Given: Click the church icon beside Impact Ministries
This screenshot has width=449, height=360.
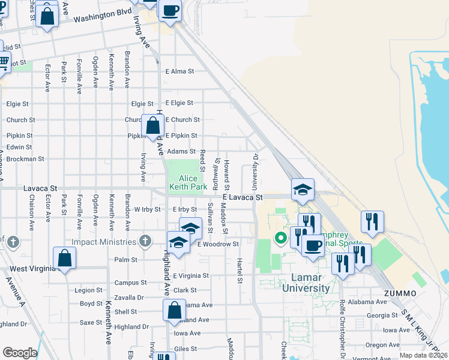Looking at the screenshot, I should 145,241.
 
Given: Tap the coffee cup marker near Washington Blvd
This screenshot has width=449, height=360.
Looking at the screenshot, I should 170,10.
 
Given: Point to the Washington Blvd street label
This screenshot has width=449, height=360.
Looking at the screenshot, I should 103,16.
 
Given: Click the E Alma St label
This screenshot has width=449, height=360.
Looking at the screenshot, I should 179,71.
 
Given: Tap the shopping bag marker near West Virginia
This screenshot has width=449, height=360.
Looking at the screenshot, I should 64,259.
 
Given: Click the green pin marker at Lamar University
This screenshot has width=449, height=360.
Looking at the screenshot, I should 280,238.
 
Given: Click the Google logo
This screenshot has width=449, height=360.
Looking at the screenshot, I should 20,353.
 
